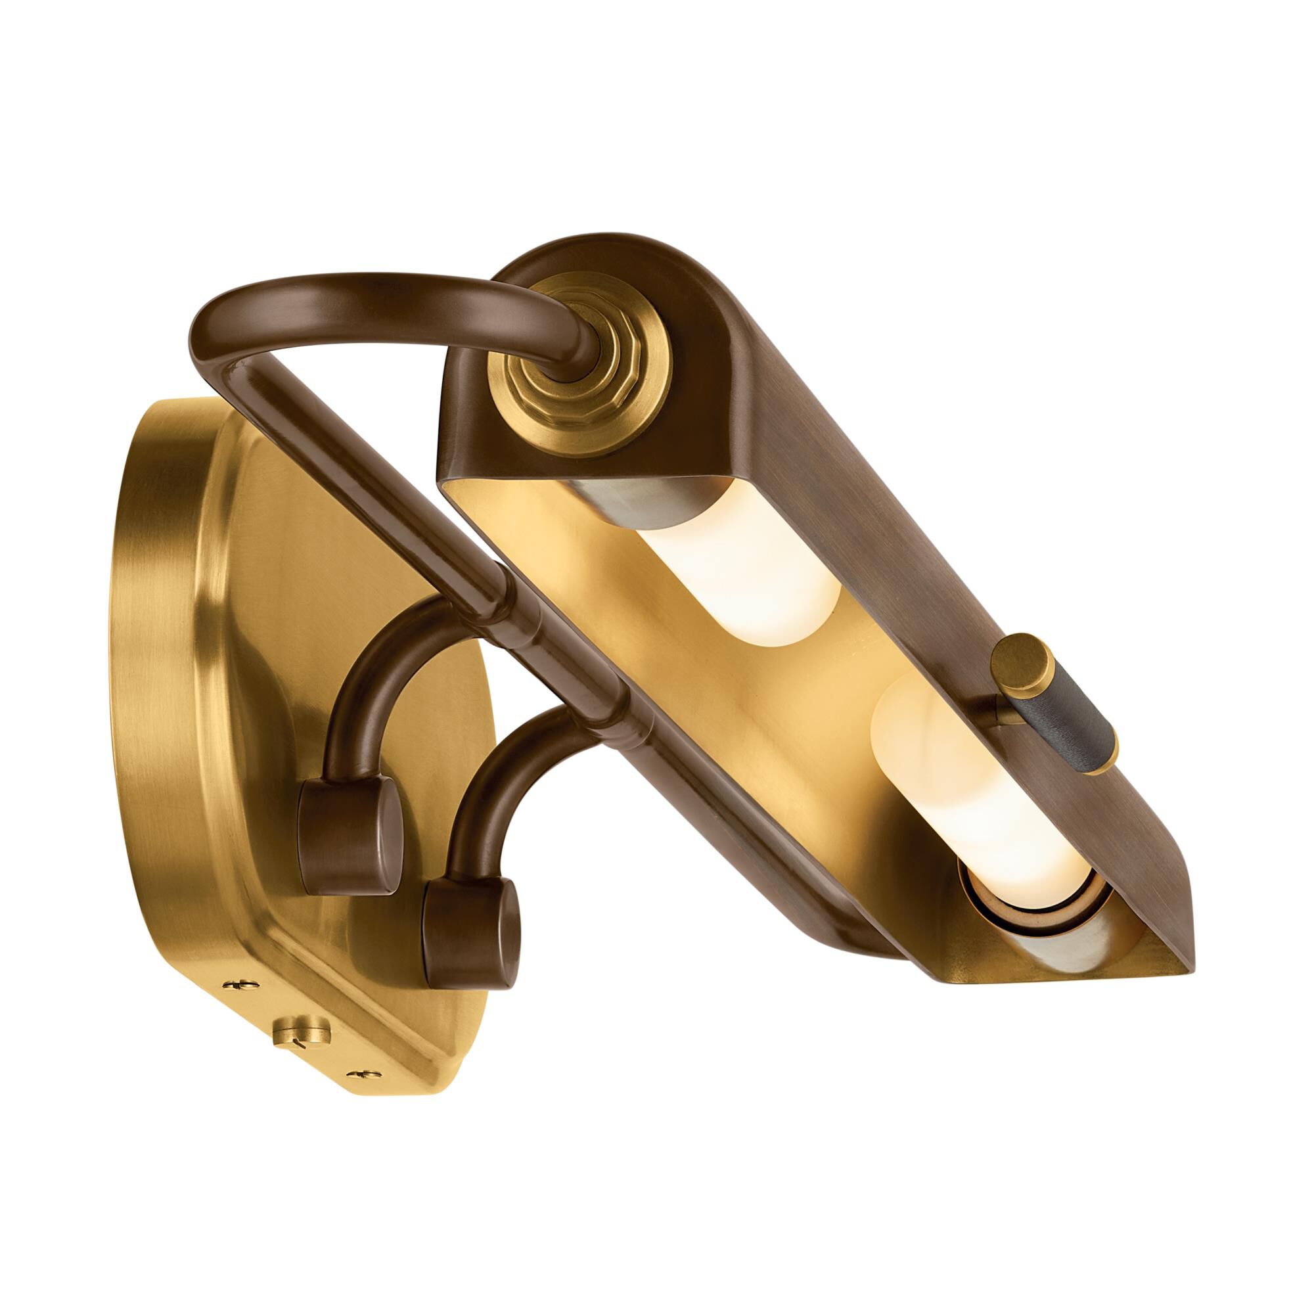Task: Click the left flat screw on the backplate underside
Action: (x=240, y=1004)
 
